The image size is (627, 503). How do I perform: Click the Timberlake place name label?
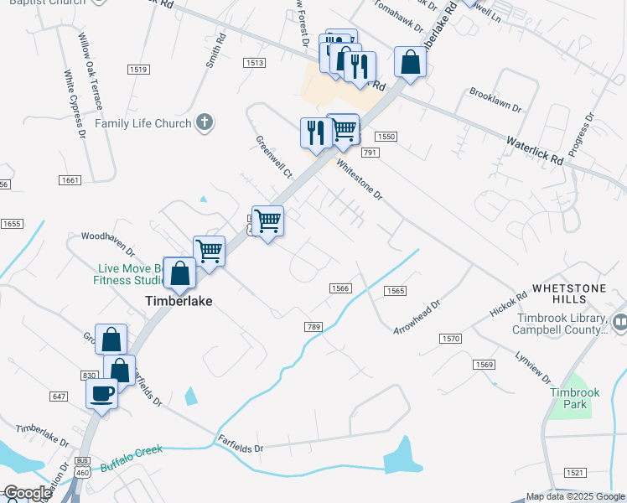(179, 301)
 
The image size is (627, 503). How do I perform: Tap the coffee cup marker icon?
(102, 393)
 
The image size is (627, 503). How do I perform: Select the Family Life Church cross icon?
(203, 124)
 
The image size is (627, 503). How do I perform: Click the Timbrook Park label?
(574, 398)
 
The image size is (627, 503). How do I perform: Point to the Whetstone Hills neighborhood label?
(574, 293)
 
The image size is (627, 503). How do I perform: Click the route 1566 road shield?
(339, 288)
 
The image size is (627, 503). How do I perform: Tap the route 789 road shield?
(314, 327)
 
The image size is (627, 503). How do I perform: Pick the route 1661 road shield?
(70, 180)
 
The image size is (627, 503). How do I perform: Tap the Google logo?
(28, 493)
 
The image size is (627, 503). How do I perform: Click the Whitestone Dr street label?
(359, 179)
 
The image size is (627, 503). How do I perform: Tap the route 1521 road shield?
(574, 473)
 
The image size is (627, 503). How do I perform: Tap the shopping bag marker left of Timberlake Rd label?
(410, 62)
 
